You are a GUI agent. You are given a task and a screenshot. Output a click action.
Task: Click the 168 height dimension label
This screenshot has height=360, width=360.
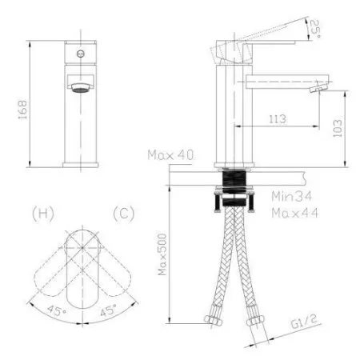click(x=23, y=110)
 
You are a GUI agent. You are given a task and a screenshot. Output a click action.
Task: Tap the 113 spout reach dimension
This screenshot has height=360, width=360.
click(x=278, y=119)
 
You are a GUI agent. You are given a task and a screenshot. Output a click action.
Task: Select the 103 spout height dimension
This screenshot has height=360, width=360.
click(x=338, y=128)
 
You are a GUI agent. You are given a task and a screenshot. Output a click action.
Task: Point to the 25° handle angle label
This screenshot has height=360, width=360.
click(x=314, y=29)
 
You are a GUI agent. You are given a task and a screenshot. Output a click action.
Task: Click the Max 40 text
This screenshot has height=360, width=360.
click(x=170, y=155)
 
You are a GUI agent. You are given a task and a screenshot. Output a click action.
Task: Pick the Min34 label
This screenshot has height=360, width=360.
click(x=291, y=197)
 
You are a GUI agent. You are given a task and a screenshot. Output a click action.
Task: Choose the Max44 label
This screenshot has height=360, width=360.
click(x=295, y=213)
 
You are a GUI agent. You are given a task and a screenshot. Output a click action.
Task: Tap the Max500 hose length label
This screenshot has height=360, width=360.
click(x=162, y=254)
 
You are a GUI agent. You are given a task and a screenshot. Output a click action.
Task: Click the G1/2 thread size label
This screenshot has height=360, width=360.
click(x=304, y=322)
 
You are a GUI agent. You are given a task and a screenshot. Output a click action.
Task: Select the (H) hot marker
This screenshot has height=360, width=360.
click(x=43, y=214)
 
